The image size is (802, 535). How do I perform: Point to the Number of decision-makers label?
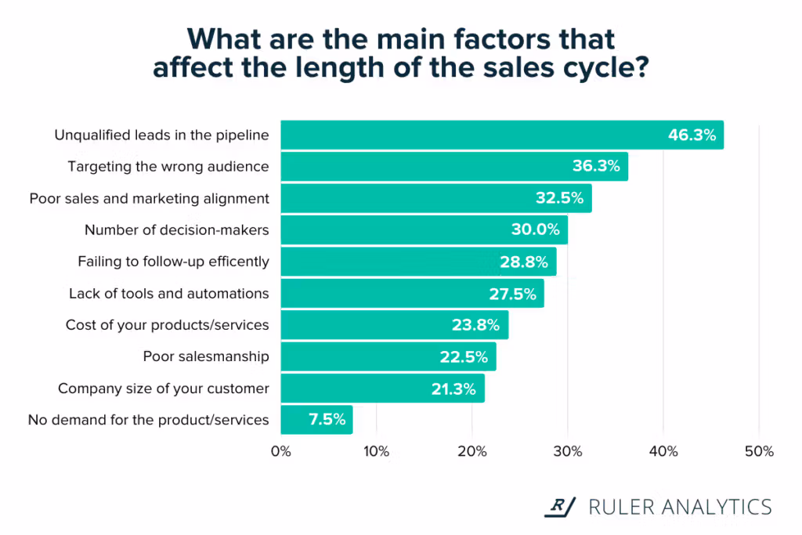click(176, 230)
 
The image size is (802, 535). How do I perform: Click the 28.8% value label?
click(523, 262)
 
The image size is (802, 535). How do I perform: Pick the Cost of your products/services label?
click(167, 325)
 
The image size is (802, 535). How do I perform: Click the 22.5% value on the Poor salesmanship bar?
click(464, 357)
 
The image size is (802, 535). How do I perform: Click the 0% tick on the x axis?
click(280, 452)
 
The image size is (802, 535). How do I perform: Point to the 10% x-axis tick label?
click(376, 452)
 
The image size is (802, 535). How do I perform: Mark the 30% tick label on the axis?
click(567, 452)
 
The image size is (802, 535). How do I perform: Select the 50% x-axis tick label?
click(758, 452)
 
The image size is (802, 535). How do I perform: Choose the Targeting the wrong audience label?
click(168, 167)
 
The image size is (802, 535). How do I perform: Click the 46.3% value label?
click(692, 135)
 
